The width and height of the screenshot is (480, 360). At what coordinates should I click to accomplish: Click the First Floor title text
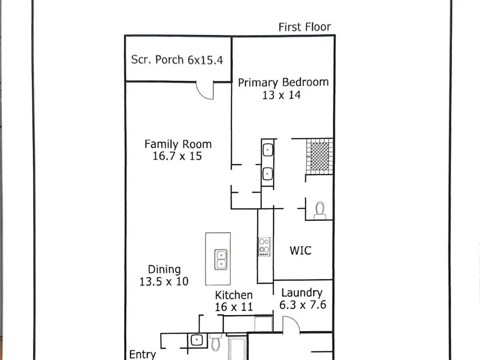click(x=305, y=27)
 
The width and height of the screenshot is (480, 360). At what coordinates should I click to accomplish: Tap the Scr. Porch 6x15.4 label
click(x=177, y=60)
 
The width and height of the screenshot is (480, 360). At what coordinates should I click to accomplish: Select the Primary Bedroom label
click(x=283, y=83)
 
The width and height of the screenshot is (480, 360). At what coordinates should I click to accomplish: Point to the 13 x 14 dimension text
click(x=281, y=95)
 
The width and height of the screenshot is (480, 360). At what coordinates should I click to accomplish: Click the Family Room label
click(x=178, y=144)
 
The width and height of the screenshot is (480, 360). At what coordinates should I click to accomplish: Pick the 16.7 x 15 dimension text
click(x=177, y=156)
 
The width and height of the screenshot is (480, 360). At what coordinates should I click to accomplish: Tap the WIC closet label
click(x=300, y=251)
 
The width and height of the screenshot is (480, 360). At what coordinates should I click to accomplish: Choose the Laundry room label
click(x=302, y=293)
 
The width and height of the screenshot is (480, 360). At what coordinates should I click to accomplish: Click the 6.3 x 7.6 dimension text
click(x=303, y=305)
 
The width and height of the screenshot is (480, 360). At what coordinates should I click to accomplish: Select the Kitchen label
click(x=234, y=295)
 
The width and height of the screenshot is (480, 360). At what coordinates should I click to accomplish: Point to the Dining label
click(x=164, y=270)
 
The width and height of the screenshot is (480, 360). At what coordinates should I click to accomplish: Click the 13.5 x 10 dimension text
click(x=164, y=282)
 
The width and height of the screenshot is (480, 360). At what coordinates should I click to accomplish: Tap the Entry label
click(x=143, y=355)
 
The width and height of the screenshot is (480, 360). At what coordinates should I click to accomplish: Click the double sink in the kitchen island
click(x=221, y=260)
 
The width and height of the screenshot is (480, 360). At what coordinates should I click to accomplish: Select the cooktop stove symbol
click(x=264, y=247)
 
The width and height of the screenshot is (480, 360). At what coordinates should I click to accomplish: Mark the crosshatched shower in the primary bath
click(x=320, y=157)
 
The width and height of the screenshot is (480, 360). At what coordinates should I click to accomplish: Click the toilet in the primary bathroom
click(x=320, y=211)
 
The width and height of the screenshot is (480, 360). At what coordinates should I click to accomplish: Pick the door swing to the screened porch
click(x=204, y=91)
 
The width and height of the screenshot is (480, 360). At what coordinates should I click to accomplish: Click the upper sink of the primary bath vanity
click(x=267, y=150)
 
